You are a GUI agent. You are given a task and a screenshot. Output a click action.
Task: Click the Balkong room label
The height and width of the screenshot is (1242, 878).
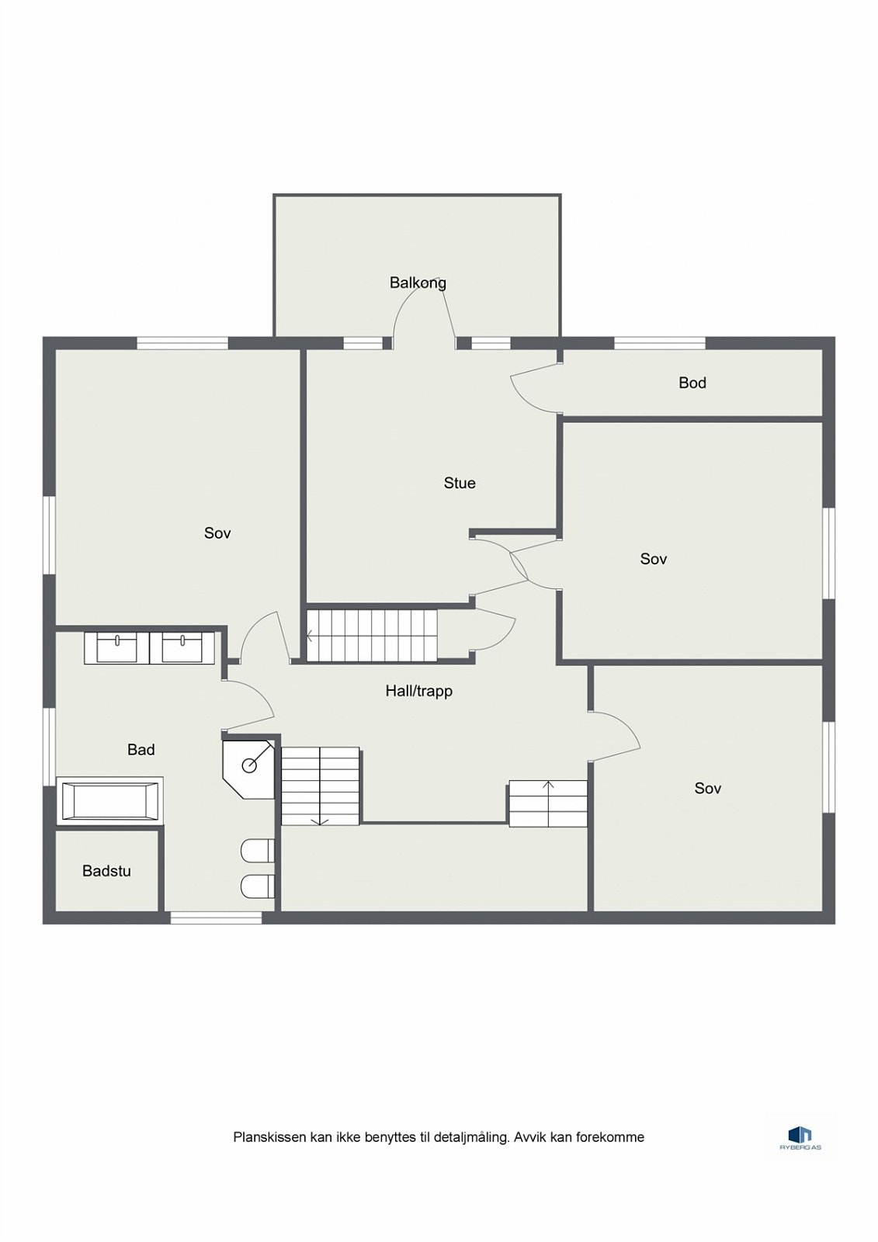418,283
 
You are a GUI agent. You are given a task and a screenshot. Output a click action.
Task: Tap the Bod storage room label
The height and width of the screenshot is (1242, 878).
692,383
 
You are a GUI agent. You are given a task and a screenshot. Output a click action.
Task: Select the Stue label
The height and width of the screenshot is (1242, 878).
460,483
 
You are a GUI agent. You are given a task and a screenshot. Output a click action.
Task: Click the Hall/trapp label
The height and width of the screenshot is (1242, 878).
418,690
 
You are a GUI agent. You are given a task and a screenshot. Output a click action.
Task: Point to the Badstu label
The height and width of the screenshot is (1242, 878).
106,871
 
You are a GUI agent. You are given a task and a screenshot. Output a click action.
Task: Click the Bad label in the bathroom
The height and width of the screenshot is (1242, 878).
141,749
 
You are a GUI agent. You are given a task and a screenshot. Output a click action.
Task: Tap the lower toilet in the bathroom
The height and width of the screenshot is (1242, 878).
258,886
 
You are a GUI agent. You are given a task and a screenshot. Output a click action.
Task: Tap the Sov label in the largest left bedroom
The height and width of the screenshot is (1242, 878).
217,533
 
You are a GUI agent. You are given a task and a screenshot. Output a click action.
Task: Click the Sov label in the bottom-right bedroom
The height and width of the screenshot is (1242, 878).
707,789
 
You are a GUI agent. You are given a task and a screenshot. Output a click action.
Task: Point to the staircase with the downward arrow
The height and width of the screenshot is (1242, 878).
320,786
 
